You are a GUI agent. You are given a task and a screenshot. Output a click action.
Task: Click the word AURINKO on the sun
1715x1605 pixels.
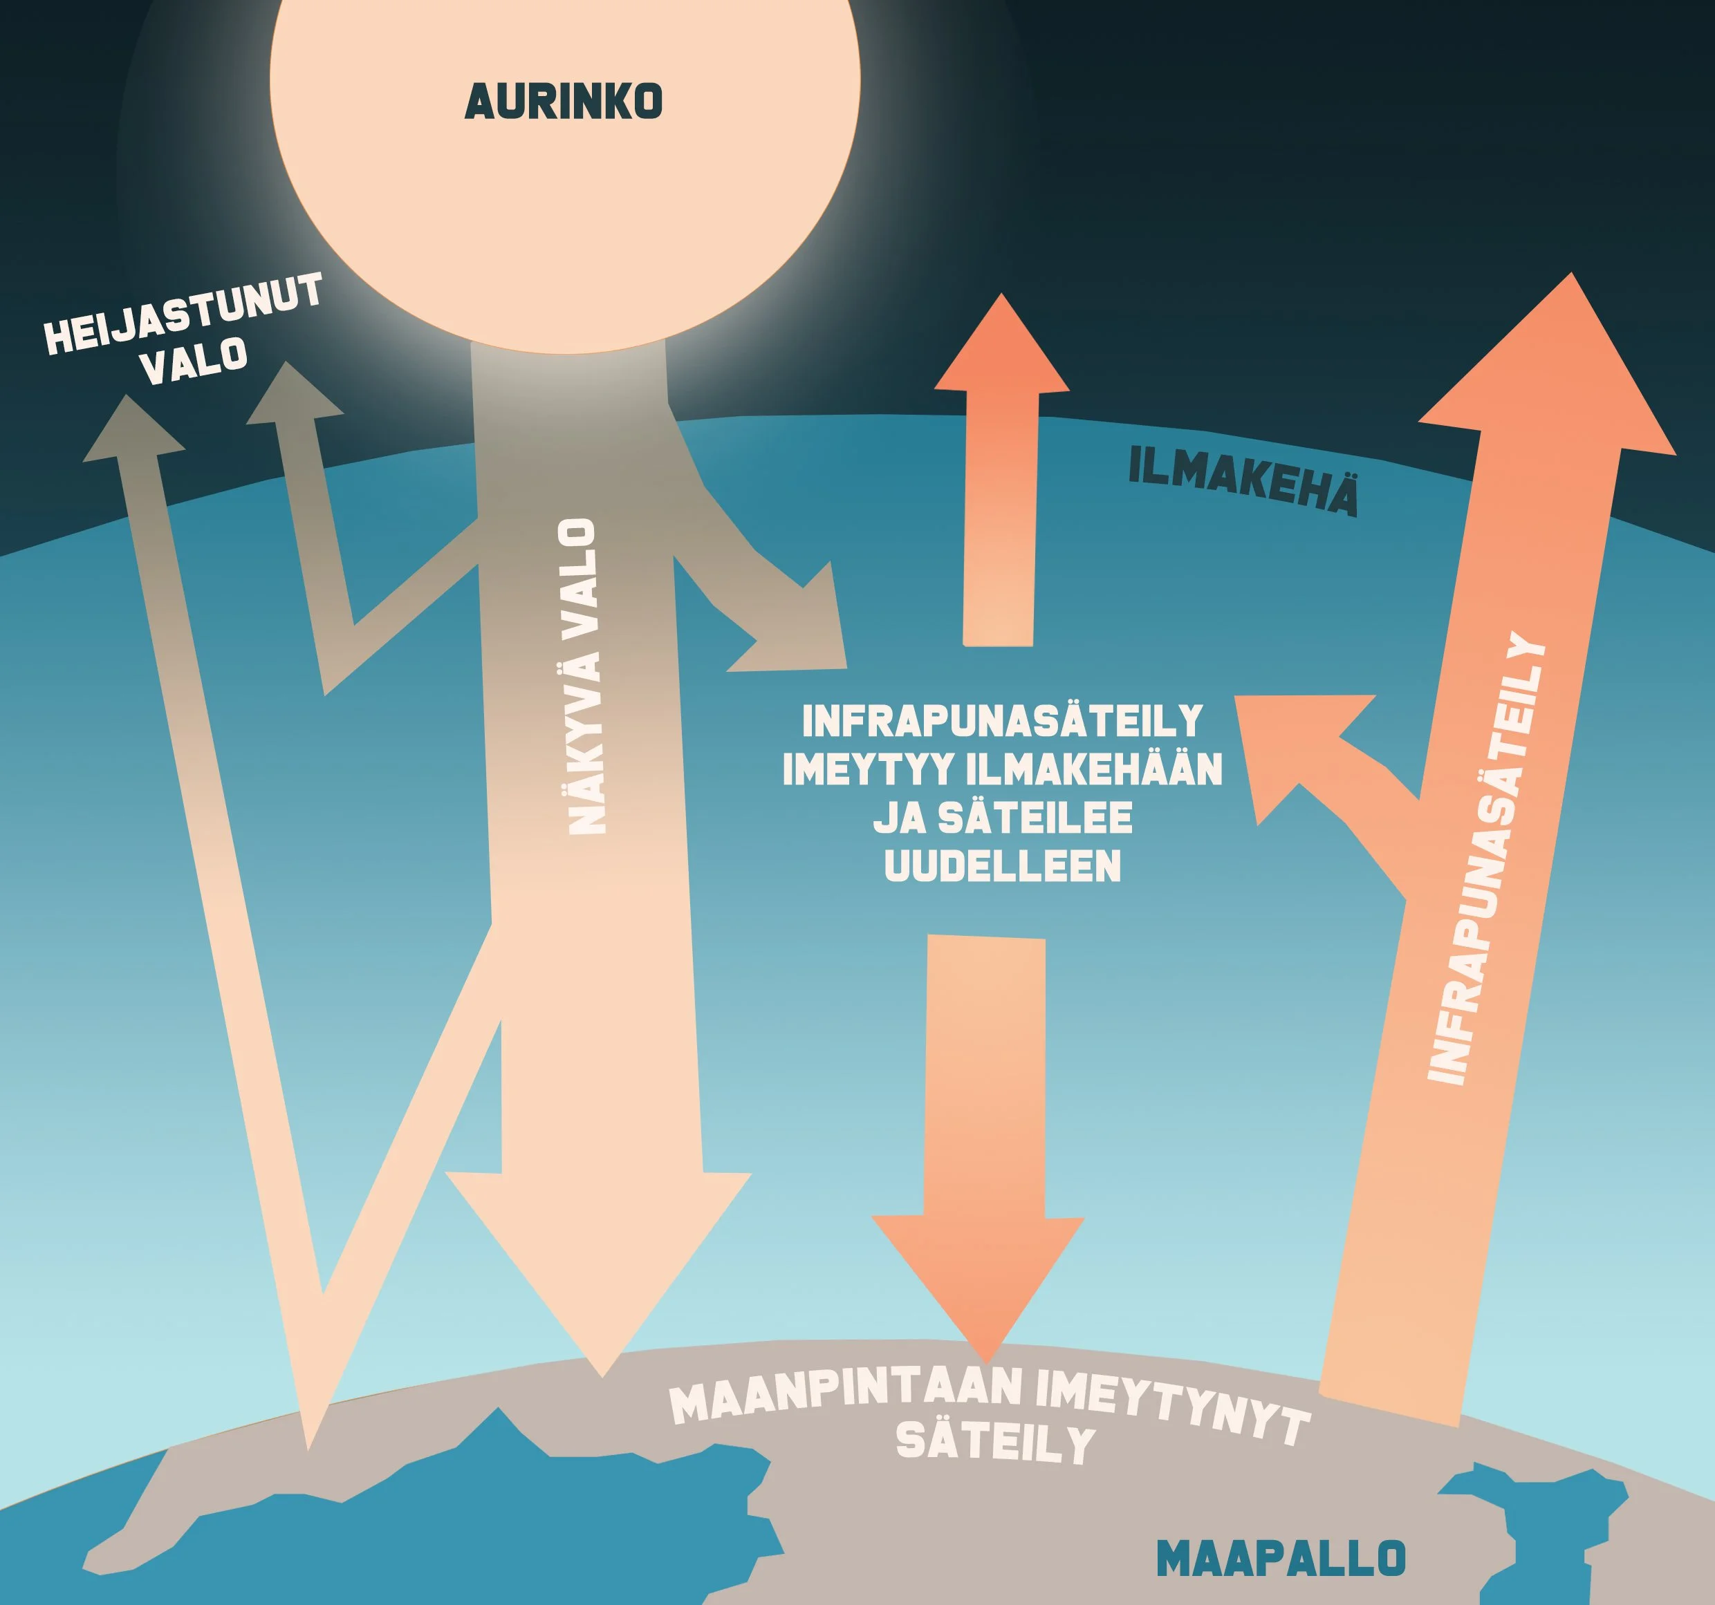point(564,102)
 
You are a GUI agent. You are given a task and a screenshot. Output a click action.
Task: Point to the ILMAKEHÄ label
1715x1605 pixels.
point(1243,483)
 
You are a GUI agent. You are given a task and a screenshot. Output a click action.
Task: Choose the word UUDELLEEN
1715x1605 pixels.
point(1003,865)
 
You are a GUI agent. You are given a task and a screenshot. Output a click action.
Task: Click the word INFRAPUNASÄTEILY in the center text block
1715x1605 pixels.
point(1003,721)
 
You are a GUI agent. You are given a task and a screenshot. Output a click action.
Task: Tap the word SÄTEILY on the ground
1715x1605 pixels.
point(996,1442)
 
